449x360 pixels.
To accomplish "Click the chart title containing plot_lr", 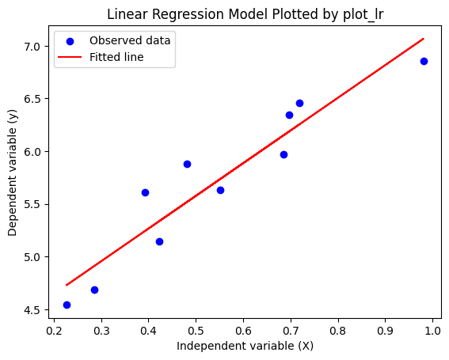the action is pos(245,14).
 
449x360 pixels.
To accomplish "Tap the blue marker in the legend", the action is pos(70,41).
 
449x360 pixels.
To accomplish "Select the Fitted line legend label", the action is pos(116,57).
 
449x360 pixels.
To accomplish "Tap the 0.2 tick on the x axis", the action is pos(55,331).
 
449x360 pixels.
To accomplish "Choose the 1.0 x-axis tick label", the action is pos(432,331).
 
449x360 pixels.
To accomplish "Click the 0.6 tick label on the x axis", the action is pos(243,331).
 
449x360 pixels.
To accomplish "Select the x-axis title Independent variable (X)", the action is pos(245,346).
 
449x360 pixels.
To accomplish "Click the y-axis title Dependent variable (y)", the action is pos(13,172).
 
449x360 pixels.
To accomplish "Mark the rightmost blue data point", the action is pos(424,61).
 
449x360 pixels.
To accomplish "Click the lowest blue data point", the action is pos(67,305).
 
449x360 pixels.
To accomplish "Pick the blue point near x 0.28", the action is pos(94,290).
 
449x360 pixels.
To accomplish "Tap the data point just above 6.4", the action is pos(299,104).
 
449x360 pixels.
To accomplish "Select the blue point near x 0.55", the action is pos(220,191).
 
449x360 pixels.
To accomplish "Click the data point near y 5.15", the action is pos(159,242).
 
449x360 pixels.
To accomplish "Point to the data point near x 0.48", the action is pos(187,165).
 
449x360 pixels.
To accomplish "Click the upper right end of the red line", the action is pos(424,39).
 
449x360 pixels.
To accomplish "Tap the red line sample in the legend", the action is pos(70,57).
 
